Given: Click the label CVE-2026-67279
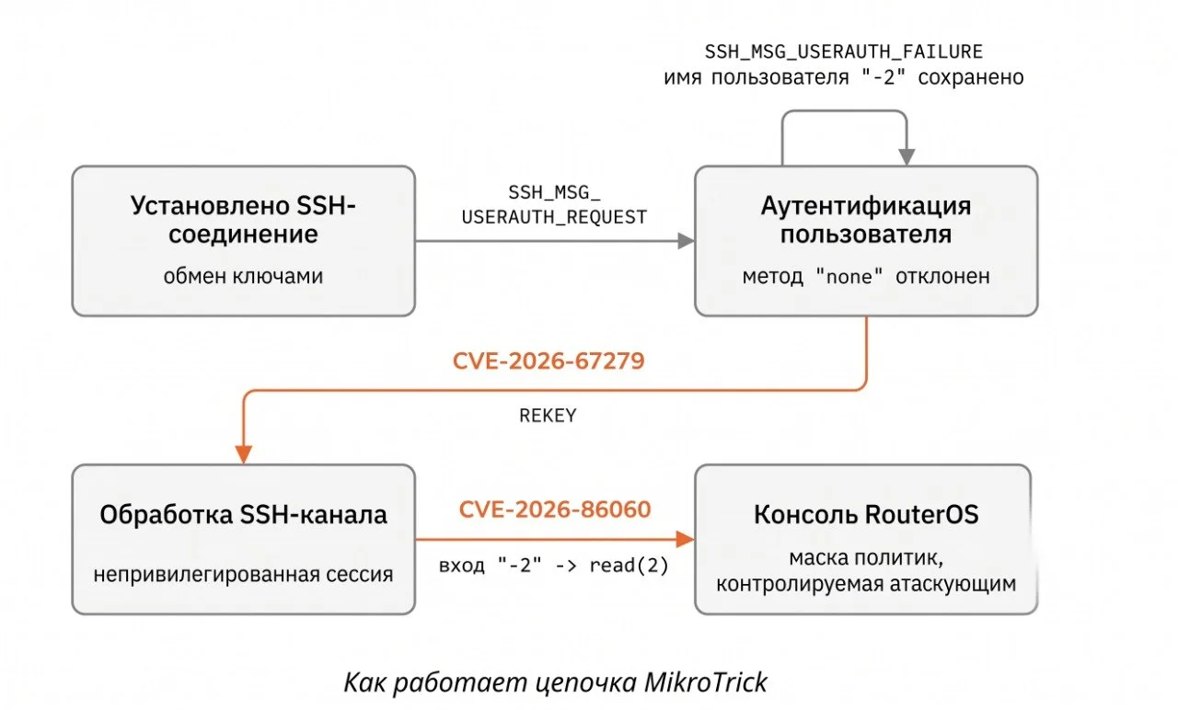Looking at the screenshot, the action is [549, 361].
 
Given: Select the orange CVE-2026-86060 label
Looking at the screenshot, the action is [555, 510].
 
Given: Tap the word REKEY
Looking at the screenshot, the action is [548, 416].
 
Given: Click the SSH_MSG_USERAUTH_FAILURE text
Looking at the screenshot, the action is [844, 52].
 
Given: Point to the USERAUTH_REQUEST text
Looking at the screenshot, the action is [554, 216].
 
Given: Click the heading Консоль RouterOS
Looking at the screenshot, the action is [866, 514].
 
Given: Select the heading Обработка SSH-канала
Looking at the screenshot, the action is [244, 514].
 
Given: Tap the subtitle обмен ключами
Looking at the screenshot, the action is [243, 276].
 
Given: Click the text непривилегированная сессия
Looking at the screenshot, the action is [243, 574].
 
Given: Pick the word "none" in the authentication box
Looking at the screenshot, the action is [849, 276].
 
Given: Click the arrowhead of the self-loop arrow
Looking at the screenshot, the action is [907, 156].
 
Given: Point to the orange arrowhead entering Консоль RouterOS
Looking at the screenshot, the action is [685, 539].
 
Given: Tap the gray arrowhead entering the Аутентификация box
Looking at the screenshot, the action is [686, 241].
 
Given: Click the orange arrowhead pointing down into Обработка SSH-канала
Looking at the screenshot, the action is [244, 454].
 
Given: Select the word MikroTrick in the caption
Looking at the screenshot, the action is [706, 682].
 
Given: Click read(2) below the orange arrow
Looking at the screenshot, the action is [629, 566].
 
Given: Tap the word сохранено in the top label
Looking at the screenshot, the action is [971, 77].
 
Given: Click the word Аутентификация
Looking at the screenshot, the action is [866, 205].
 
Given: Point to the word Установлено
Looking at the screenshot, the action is [210, 205].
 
